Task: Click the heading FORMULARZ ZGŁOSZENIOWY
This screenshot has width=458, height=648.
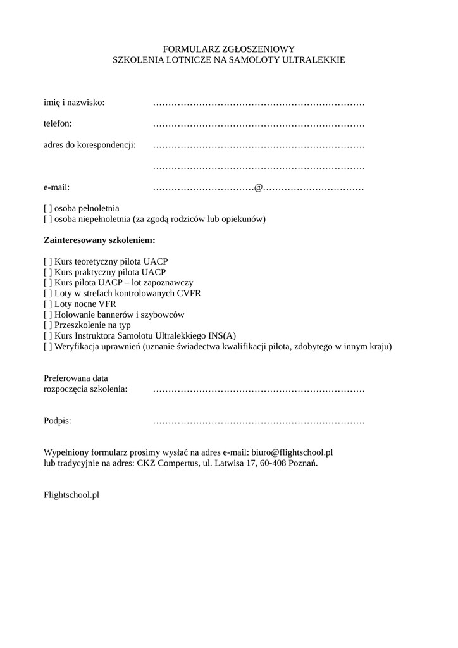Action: pyautogui.click(x=229, y=49)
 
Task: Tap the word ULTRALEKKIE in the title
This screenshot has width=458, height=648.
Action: pyautogui.click(x=316, y=59)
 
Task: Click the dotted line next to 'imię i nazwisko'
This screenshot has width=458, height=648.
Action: pyautogui.click(x=259, y=103)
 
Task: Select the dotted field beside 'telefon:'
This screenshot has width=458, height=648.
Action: pyautogui.click(x=259, y=124)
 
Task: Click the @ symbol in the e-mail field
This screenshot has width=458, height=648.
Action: pyautogui.click(x=258, y=188)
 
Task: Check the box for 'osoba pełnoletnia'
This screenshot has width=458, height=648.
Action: pyautogui.click(x=47, y=208)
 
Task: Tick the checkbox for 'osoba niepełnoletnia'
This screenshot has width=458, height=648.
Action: pyautogui.click(x=47, y=219)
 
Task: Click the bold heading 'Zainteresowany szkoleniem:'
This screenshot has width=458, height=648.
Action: pyautogui.click(x=99, y=240)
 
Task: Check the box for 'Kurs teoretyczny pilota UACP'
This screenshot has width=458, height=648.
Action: pyautogui.click(x=47, y=261)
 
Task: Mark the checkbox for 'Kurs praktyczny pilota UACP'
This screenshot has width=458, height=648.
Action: pyautogui.click(x=47, y=272)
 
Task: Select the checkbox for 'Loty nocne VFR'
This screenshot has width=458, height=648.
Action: pyautogui.click(x=47, y=304)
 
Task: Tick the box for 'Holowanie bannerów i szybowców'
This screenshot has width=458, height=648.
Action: pyautogui.click(x=47, y=315)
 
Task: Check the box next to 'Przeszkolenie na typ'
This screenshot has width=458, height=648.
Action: pyautogui.click(x=47, y=325)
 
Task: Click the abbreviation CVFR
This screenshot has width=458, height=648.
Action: pyautogui.click(x=189, y=293)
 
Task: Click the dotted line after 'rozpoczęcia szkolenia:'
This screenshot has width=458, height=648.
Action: pyautogui.click(x=259, y=389)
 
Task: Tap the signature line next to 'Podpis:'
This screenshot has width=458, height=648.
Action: pyautogui.click(x=259, y=421)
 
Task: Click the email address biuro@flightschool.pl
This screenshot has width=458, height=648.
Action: pyautogui.click(x=292, y=452)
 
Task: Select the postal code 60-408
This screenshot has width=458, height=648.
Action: pyautogui.click(x=273, y=463)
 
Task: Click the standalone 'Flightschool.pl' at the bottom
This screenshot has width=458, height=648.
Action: pyautogui.click(x=71, y=495)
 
